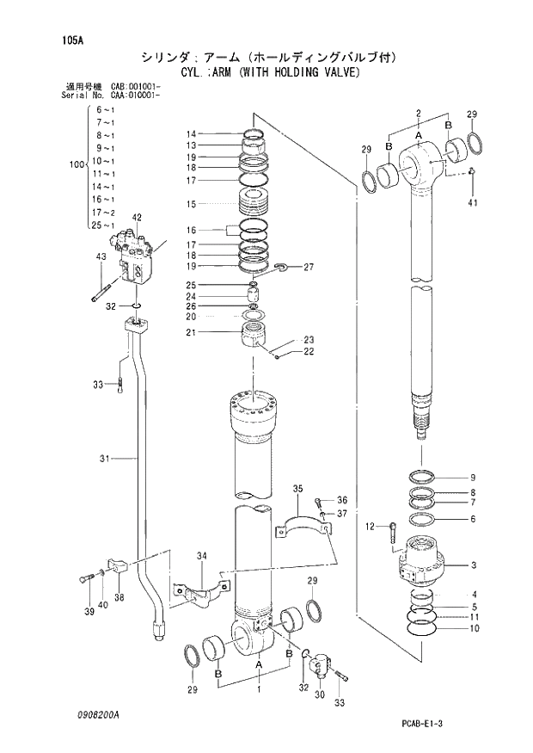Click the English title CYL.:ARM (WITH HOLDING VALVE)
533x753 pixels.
pyautogui.click(x=269, y=72)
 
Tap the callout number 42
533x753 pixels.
pyautogui.click(x=137, y=218)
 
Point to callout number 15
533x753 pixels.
pyautogui.click(x=191, y=204)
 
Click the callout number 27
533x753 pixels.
pyautogui.click(x=309, y=267)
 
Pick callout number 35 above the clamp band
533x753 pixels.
pyautogui.click(x=298, y=489)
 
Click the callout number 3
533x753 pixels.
pyautogui.click(x=473, y=565)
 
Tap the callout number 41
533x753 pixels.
pyautogui.click(x=472, y=203)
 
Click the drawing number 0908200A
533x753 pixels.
pyautogui.click(x=96, y=715)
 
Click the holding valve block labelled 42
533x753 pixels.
pyautogui.click(x=138, y=259)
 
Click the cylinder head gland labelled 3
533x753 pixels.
pyautogui.click(x=423, y=562)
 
